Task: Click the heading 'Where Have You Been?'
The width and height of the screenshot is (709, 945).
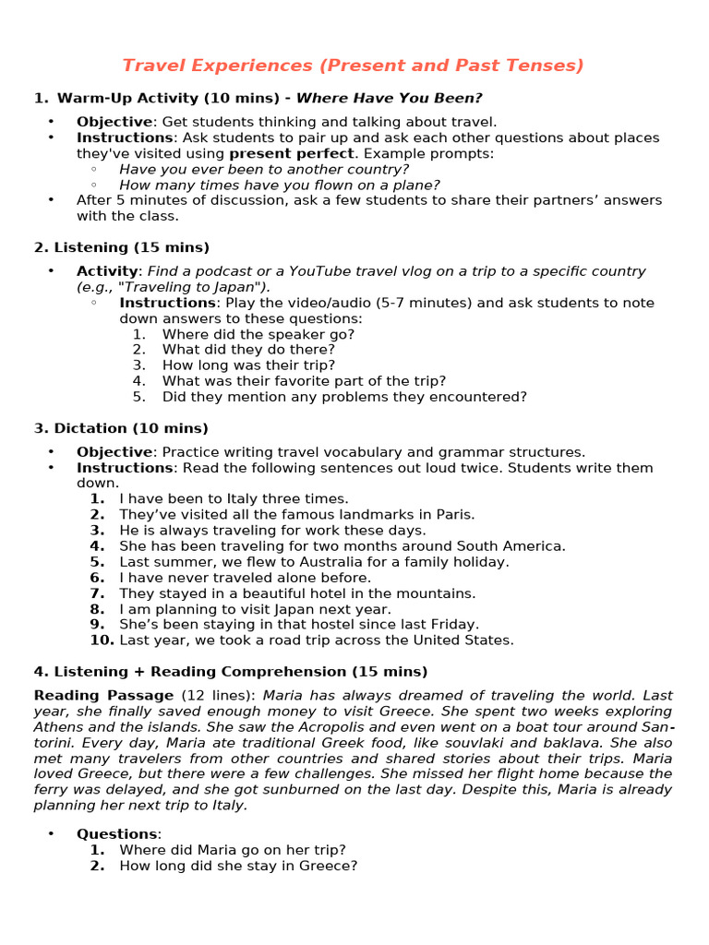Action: (x=389, y=98)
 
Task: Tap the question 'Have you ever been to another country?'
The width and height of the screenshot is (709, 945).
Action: (x=264, y=169)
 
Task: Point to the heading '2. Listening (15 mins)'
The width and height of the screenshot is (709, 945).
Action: (x=122, y=247)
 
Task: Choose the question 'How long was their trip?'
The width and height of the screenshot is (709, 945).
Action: (x=248, y=365)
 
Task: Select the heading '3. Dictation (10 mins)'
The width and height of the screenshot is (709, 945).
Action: (x=121, y=428)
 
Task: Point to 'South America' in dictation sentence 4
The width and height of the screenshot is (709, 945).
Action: (x=516, y=545)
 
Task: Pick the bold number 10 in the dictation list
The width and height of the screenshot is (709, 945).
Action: (x=102, y=640)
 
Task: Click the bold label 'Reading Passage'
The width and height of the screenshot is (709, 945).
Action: (x=103, y=695)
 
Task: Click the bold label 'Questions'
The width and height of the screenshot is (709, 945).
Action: (x=116, y=833)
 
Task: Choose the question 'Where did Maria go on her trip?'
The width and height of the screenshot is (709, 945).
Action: (x=233, y=849)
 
